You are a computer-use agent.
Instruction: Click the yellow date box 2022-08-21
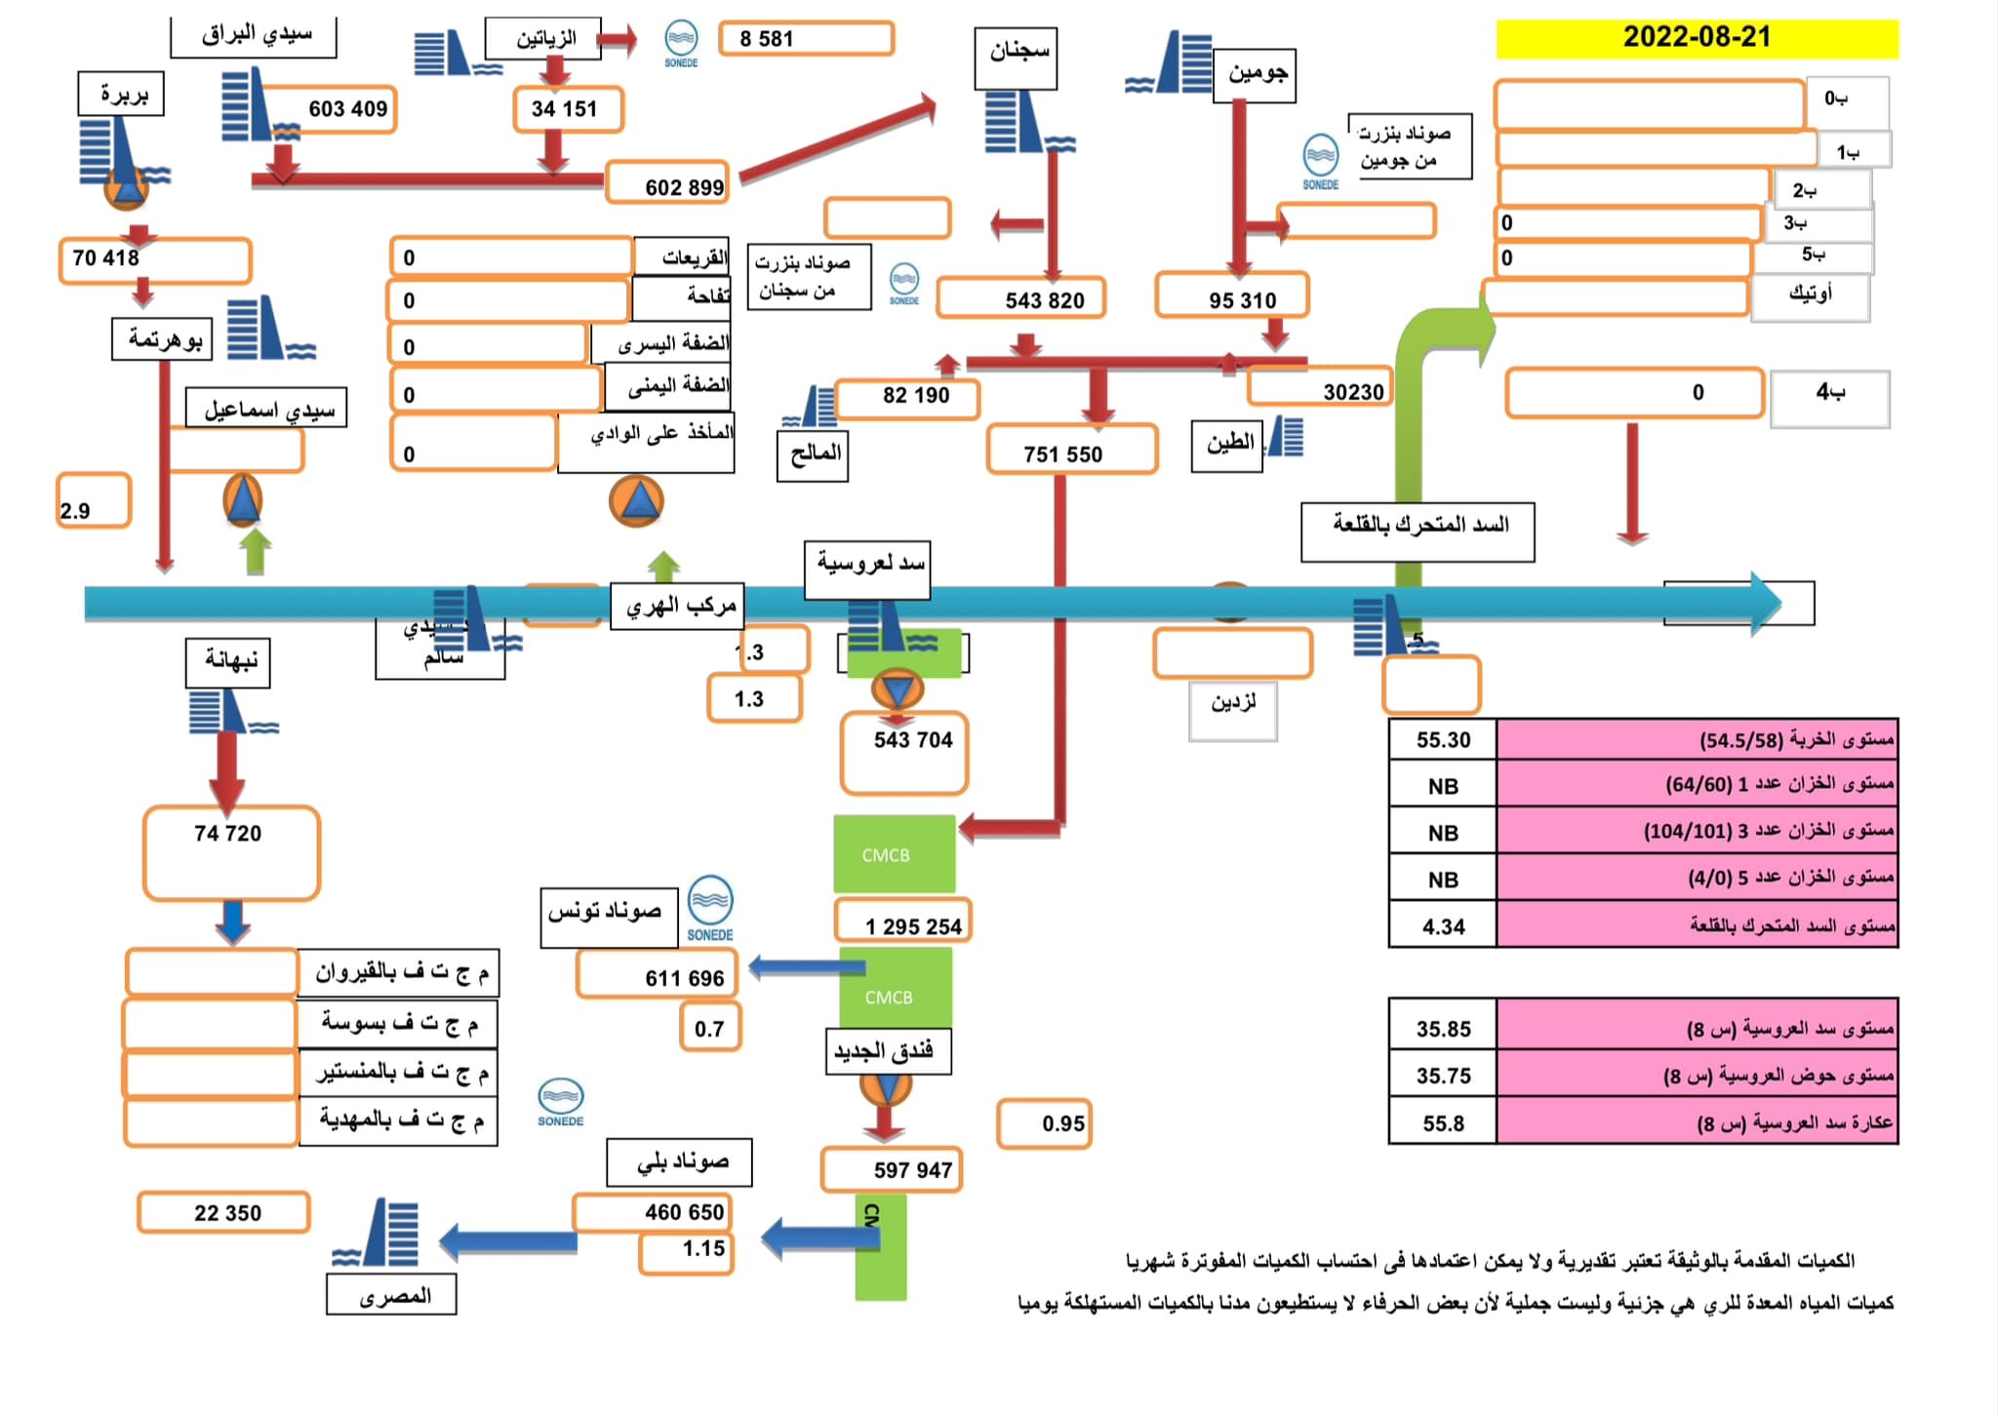pos(1697,38)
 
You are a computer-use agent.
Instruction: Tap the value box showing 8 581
pos(806,39)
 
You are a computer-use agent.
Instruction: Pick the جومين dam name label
pos(1255,75)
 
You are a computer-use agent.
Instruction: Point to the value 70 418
pos(154,259)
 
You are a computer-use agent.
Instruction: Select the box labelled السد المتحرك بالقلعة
pos(1418,531)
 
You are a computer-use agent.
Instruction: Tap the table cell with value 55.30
pos(1443,740)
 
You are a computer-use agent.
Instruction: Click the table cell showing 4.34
pos(1443,926)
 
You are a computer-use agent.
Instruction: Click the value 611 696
pos(657,975)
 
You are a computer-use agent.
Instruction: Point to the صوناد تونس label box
pos(609,916)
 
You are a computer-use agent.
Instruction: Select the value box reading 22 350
pos(224,1212)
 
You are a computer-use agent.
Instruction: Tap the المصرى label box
pos(392,1295)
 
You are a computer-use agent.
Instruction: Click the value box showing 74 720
pos(231,851)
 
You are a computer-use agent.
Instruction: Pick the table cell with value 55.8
pos(1443,1123)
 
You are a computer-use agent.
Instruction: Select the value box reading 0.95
pos(1043,1123)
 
